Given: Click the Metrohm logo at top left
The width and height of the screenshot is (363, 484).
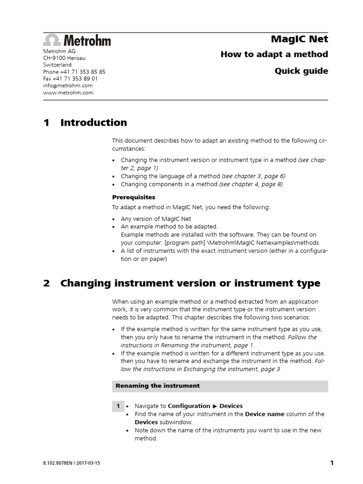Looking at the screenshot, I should pyautogui.click(x=77, y=40).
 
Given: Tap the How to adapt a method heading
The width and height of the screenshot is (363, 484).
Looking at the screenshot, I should pyautogui.click(x=274, y=54).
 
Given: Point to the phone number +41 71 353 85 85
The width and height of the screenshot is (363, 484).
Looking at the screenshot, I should pyautogui.click(x=74, y=72).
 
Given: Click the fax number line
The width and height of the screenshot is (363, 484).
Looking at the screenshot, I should pyautogui.click(x=70, y=79).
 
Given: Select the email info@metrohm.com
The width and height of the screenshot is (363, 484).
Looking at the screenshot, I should pyautogui.click(x=68, y=86).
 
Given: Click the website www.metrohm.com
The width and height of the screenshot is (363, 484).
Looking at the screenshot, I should pyautogui.click(x=68, y=93).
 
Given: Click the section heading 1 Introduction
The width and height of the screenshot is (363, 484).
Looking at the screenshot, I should pyautogui.click(x=85, y=123).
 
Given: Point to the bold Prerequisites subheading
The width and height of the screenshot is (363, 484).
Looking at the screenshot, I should pyautogui.click(x=133, y=197).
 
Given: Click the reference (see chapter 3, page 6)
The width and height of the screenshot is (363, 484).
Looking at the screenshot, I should pyautogui.click(x=253, y=176).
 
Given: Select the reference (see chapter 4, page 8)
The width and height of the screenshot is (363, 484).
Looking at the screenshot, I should pyautogui.click(x=251, y=184).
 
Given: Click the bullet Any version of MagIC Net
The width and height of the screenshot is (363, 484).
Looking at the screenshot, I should pyautogui.click(x=156, y=219).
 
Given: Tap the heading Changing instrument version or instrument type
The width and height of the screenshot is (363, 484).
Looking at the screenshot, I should pyautogui.click(x=190, y=284).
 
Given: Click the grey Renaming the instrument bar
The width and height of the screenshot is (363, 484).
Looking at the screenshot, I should pyautogui.click(x=220, y=386).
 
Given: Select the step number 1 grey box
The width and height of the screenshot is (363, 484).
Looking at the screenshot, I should pyautogui.click(x=118, y=406).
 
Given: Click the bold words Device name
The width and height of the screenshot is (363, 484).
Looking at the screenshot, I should pyautogui.click(x=264, y=414).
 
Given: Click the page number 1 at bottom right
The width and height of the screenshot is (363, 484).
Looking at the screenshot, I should pyautogui.click(x=331, y=463).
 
